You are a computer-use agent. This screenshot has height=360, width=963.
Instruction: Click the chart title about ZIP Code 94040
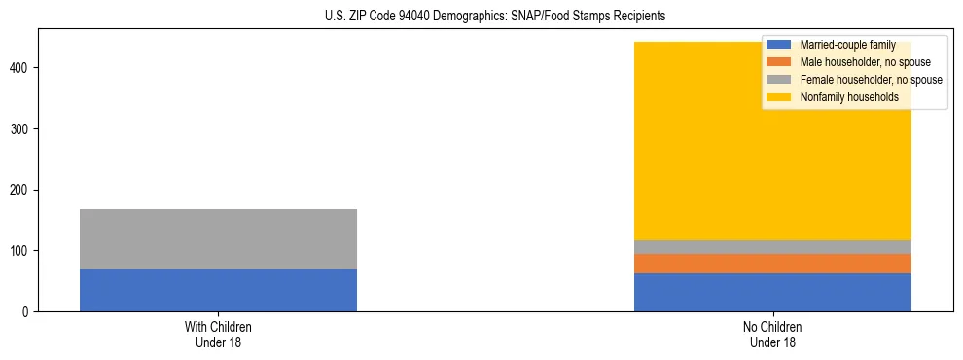(x=495, y=16)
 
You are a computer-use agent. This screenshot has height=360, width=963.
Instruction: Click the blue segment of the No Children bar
(x=772, y=292)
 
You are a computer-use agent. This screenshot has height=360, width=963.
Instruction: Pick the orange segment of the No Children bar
(x=772, y=264)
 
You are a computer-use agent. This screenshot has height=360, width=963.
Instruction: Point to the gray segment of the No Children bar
(x=772, y=247)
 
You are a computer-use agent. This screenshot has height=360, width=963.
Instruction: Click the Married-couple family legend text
(x=848, y=45)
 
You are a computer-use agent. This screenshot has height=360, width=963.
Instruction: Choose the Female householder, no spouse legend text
(x=871, y=80)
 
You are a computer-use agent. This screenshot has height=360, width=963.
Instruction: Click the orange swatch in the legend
(x=779, y=62)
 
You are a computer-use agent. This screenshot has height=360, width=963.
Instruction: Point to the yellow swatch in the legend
(x=779, y=97)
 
